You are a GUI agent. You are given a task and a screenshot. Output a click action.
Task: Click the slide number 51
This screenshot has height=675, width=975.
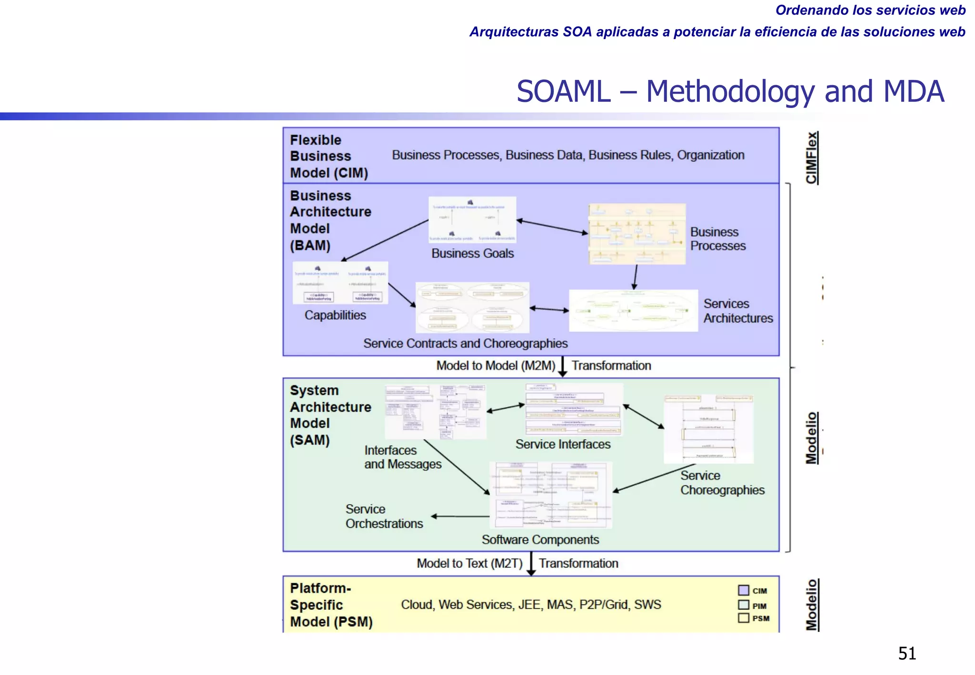[x=907, y=653]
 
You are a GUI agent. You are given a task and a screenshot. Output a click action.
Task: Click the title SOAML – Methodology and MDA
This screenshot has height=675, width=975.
[x=730, y=91]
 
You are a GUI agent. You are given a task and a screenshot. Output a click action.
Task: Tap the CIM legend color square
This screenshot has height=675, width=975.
[x=743, y=590]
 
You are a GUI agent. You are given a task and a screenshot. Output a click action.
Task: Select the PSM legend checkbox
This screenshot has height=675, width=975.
[x=743, y=618]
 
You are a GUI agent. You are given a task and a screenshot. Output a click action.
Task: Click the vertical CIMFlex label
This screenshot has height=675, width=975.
[x=812, y=158]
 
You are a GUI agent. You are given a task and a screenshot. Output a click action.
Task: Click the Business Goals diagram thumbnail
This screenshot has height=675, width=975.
[x=472, y=220]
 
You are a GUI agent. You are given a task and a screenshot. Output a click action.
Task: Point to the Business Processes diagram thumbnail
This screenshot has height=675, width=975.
[x=637, y=234]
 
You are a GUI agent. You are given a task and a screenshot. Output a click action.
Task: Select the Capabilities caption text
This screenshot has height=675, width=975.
[x=335, y=315]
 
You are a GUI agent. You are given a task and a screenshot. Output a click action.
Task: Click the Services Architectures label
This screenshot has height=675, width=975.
[x=737, y=311]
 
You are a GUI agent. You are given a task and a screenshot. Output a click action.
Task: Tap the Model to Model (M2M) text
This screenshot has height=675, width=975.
[x=496, y=366]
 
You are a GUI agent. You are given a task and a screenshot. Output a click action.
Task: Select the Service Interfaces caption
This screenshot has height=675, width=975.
[x=563, y=444]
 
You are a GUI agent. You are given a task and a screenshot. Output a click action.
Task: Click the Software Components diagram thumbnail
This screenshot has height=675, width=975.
[x=551, y=495]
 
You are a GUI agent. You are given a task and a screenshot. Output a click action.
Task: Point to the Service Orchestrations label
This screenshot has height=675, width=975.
[x=384, y=516]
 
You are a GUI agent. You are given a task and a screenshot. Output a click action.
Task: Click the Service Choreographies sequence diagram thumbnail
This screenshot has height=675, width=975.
[x=708, y=429]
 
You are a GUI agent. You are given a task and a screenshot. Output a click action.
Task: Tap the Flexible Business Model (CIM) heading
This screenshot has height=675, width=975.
[x=328, y=156]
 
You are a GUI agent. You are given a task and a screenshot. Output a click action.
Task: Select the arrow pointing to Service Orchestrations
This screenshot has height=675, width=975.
[x=460, y=516]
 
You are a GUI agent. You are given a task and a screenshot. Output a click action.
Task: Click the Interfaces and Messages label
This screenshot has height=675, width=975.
[x=402, y=457]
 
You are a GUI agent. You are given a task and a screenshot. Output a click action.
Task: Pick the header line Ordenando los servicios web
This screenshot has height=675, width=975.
[x=870, y=10]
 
